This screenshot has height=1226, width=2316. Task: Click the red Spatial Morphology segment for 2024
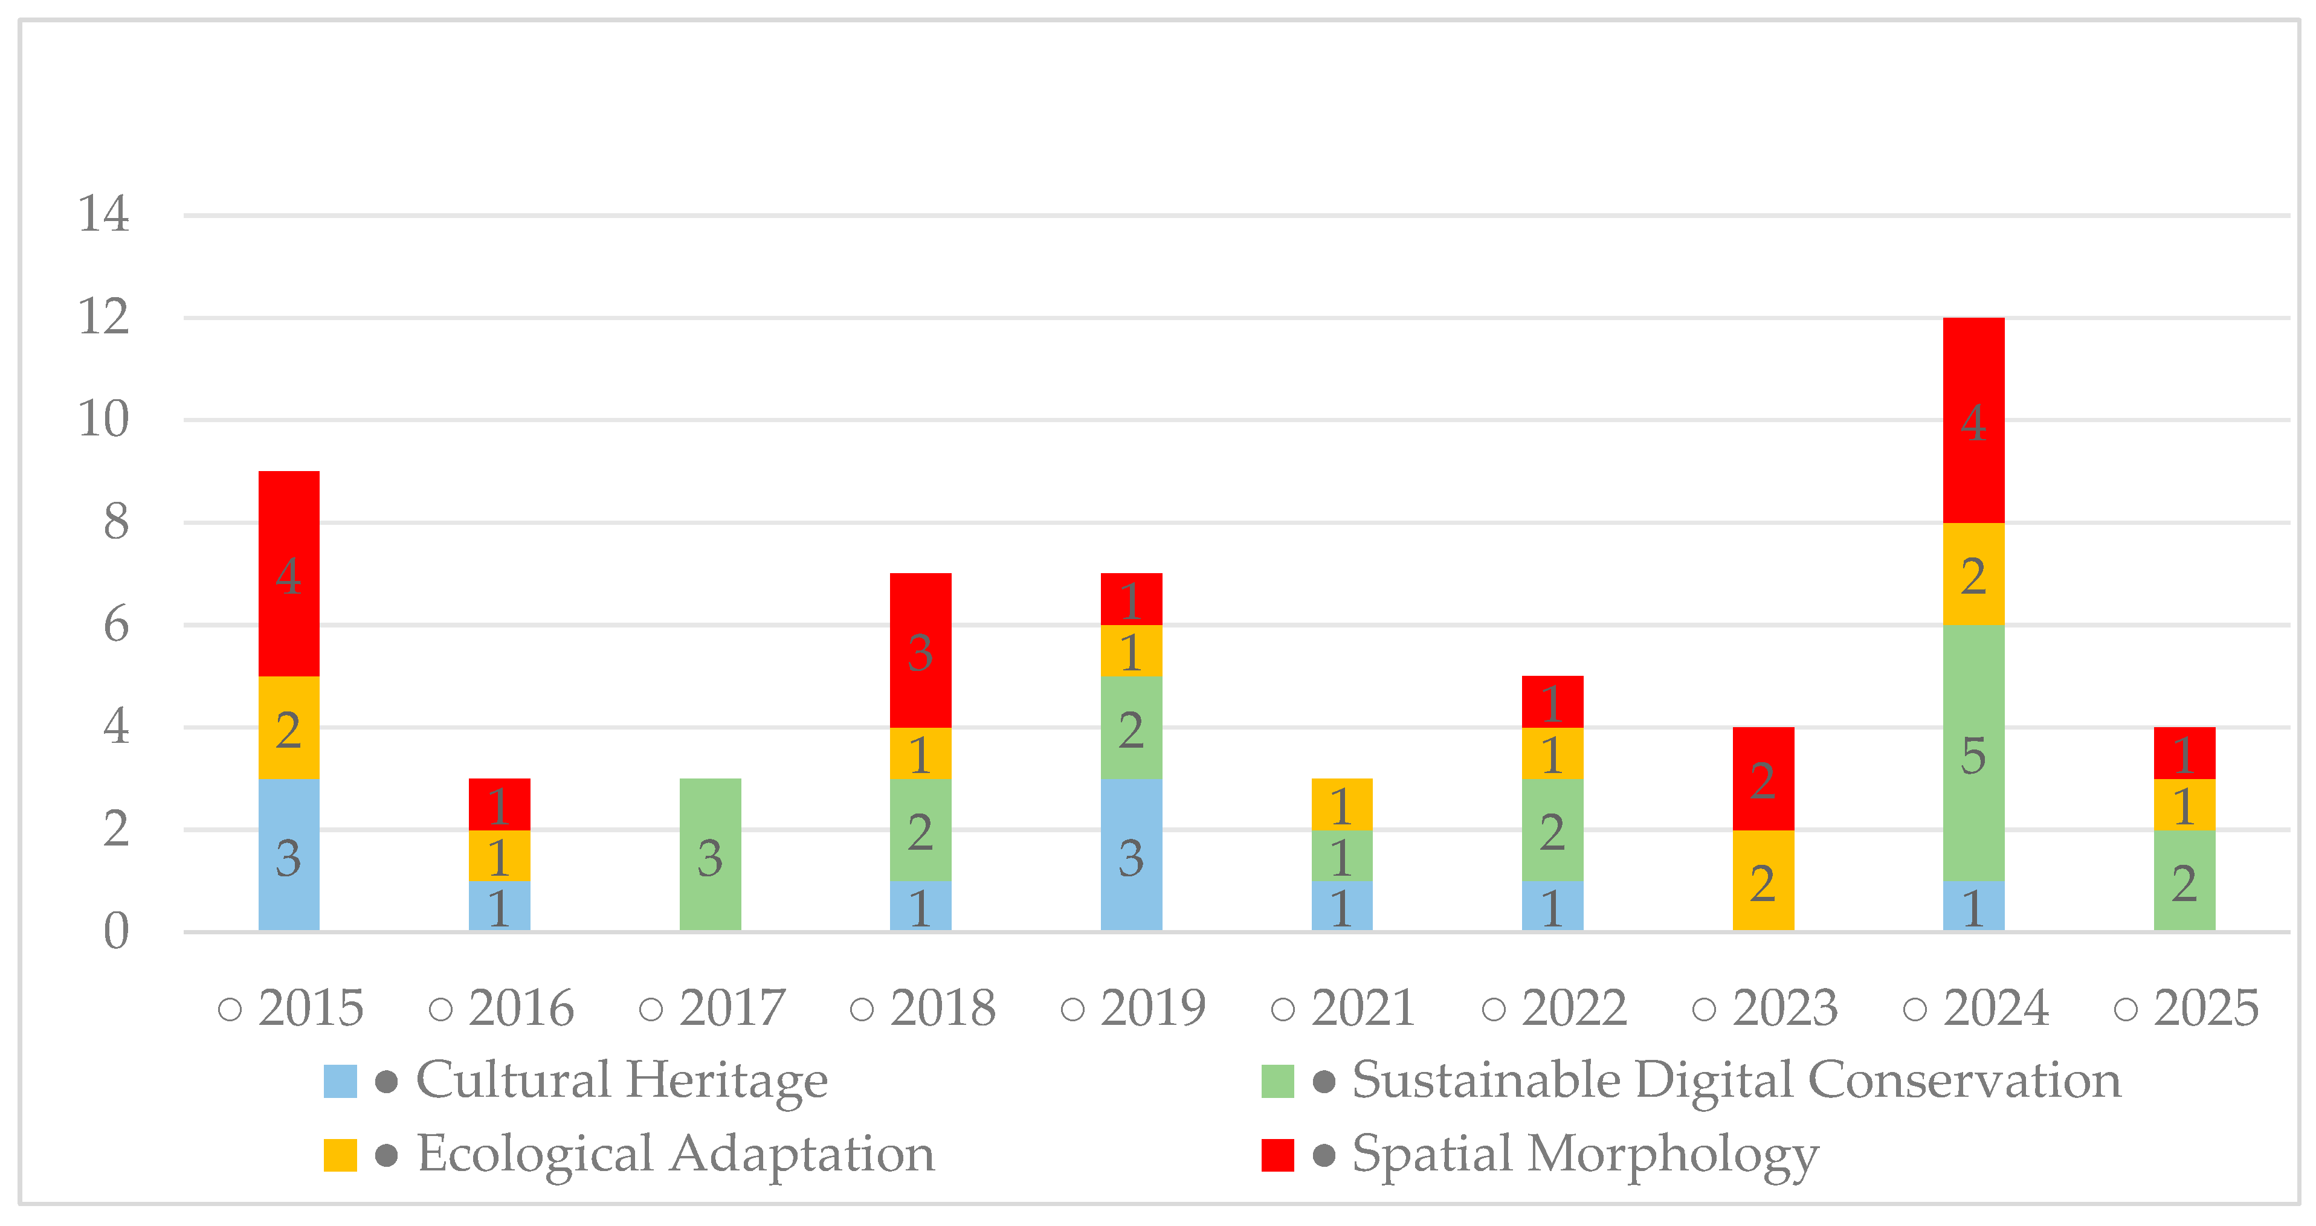click(1973, 420)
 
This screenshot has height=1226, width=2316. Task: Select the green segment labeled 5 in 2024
click(1973, 753)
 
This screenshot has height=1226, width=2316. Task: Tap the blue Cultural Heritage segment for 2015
click(289, 855)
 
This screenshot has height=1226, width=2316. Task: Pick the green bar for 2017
click(709, 855)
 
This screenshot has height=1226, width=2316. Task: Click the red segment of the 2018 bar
click(920, 650)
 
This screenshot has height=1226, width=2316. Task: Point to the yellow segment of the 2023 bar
click(1762, 881)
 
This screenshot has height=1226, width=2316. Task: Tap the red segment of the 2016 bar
click(499, 804)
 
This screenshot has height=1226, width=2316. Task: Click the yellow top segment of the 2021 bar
click(1341, 804)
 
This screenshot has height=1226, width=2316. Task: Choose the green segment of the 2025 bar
click(2184, 881)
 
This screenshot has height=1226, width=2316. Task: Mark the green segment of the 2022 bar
click(1552, 830)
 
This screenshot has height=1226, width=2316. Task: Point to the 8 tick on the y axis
click(116, 522)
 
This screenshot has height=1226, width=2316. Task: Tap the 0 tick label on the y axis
click(116, 931)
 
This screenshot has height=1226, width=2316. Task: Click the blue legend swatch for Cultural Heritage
click(340, 1081)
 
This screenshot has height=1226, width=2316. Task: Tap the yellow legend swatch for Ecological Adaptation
click(340, 1155)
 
